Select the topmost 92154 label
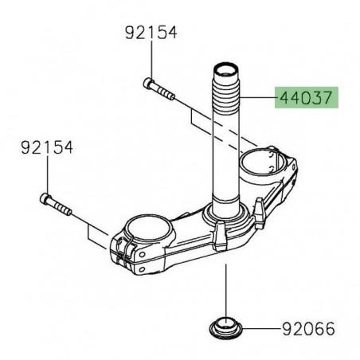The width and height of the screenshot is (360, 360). pyautogui.click(x=151, y=33)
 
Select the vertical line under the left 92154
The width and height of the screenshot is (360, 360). pyautogui.click(x=49, y=175)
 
